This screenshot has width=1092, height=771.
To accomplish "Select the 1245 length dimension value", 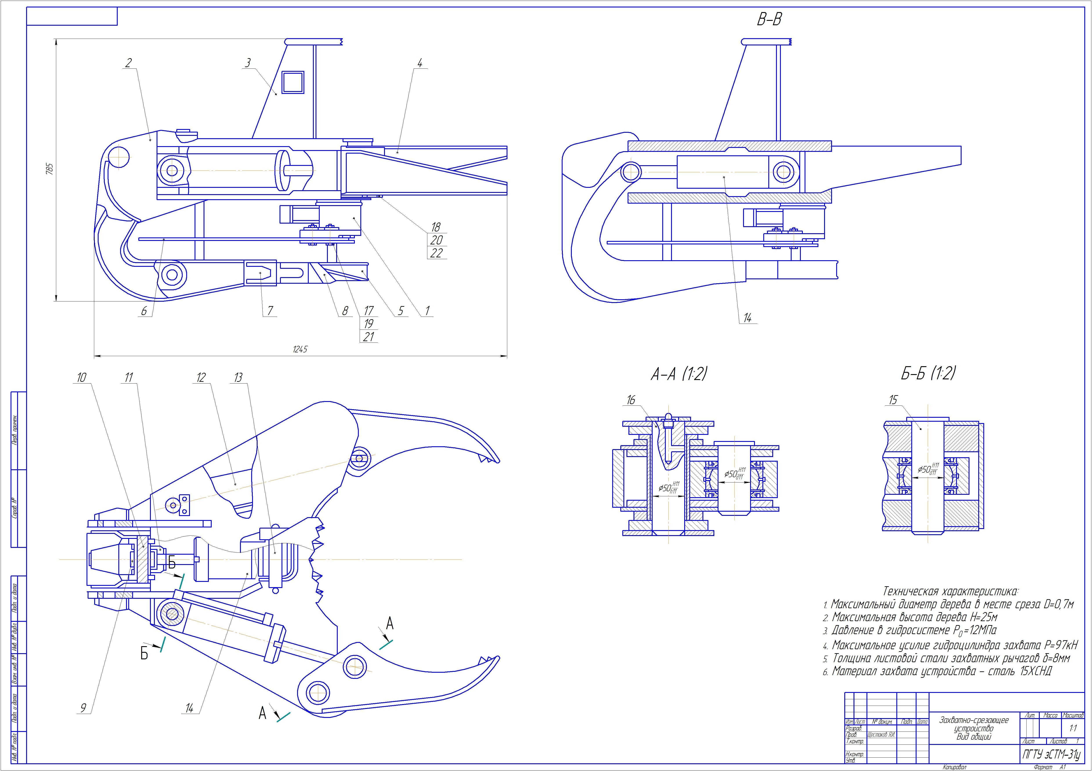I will [x=300, y=349].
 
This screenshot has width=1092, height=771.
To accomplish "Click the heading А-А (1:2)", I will [x=679, y=375].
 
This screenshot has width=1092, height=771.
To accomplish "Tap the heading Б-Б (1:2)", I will [x=928, y=374].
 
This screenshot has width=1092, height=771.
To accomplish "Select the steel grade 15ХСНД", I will [x=1034, y=671].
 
